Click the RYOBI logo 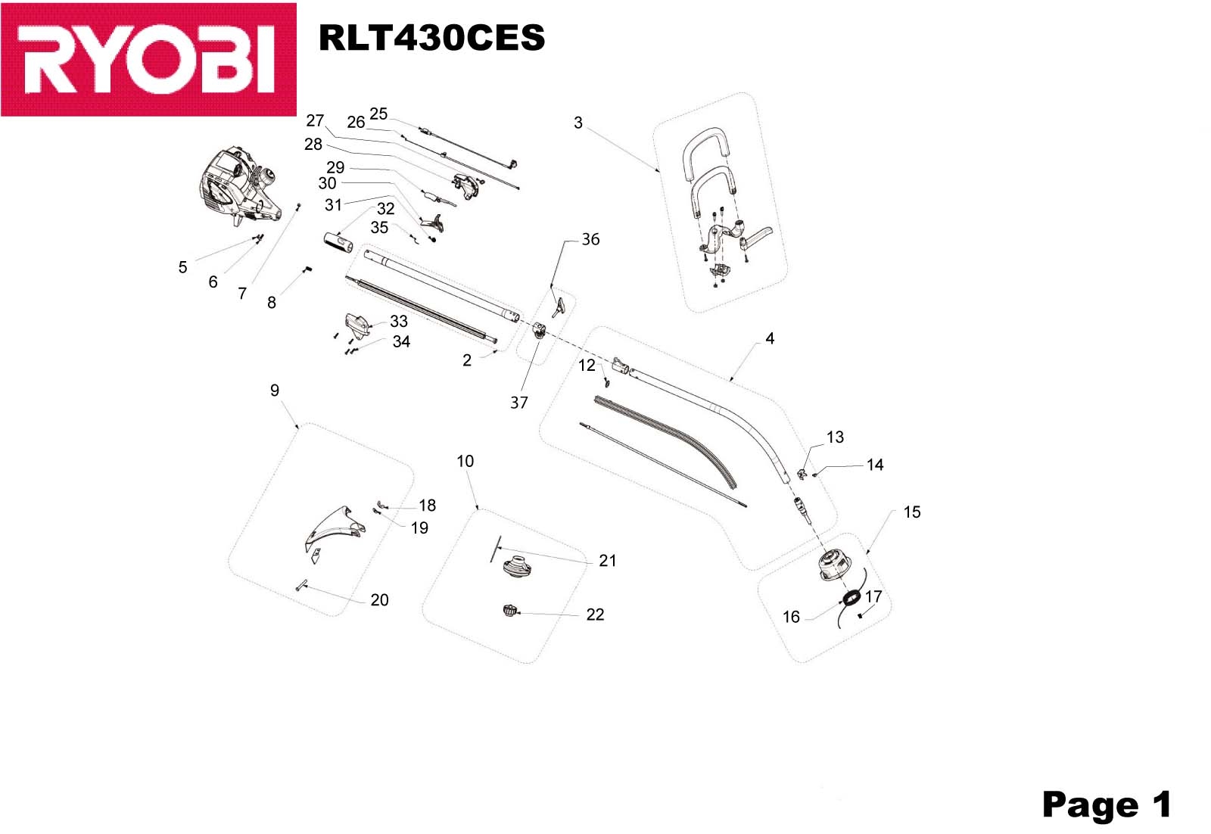148,59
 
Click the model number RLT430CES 431,38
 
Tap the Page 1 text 1106,804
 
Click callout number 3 578,123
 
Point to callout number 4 770,338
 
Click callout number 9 275,391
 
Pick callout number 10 465,461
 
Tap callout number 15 912,512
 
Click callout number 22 595,615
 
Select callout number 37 518,403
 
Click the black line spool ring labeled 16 851,599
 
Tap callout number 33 399,321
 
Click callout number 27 315,120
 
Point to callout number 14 875,465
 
